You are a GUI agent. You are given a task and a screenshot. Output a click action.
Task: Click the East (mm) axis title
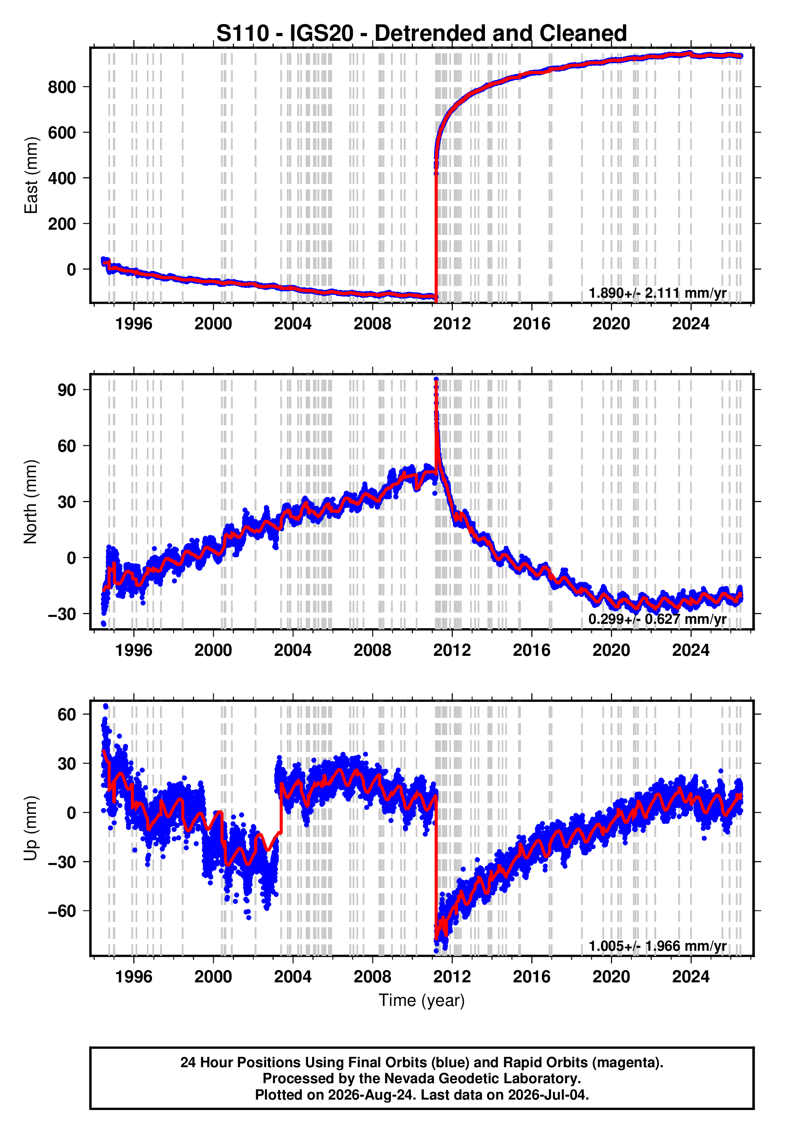31,175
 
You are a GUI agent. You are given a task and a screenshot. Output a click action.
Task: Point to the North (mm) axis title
31,502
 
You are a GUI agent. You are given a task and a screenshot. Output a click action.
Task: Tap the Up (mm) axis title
31,828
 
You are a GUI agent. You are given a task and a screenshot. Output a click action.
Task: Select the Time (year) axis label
422,1000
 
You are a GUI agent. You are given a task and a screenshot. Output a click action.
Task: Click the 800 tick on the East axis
62,87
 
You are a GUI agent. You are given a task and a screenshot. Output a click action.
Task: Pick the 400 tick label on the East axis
62,178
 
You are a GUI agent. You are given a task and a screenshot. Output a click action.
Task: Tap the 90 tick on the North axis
67,390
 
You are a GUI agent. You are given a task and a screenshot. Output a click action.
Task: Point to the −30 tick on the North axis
62,614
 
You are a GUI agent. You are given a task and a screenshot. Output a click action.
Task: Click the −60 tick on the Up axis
62,911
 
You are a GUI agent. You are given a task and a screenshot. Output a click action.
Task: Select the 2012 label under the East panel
452,324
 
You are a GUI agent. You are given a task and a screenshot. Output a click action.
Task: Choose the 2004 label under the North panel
292,650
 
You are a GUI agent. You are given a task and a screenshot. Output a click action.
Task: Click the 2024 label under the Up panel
691,977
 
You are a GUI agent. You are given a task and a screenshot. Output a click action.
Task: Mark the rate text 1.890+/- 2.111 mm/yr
658,293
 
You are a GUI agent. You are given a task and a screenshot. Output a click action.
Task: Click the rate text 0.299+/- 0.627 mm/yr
658,619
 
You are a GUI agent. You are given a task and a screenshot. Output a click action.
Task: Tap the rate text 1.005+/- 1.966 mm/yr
658,946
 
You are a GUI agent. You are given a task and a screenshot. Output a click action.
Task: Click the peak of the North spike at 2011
436,379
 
